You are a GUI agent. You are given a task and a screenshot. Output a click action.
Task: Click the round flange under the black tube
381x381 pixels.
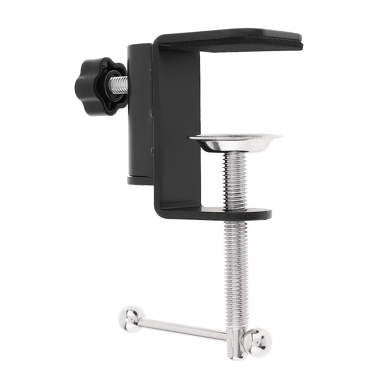tap(140, 180)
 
